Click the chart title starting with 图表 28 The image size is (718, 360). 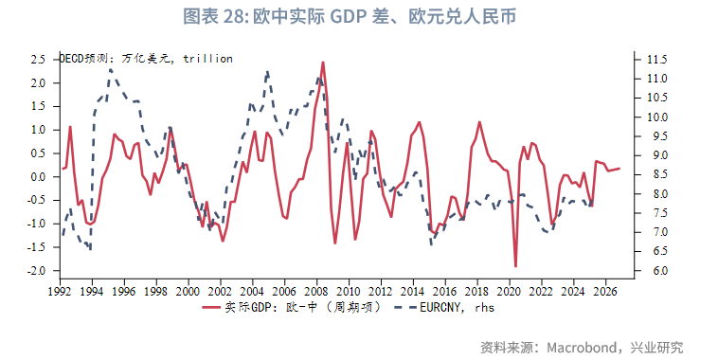coord(358,17)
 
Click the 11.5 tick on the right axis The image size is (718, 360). coord(658,59)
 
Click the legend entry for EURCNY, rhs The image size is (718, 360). coord(458,307)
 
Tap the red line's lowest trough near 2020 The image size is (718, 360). coord(515,266)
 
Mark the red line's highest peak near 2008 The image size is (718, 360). coord(323,63)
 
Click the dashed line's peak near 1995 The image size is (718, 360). coord(110,69)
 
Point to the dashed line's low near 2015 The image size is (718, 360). coord(432,244)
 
